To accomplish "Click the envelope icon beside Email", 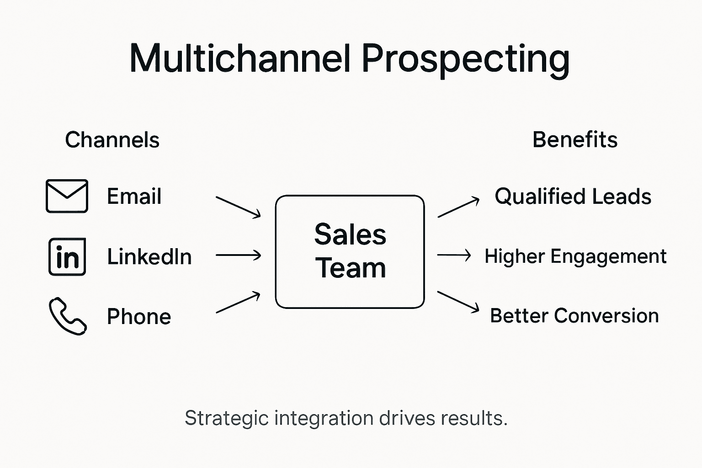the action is [x=67, y=196].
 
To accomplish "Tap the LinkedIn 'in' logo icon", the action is [x=67, y=256].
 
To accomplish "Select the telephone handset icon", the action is [x=68, y=316].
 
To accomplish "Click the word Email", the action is [x=134, y=197].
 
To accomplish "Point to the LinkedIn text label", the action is [x=149, y=256].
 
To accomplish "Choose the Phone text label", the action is [x=139, y=316].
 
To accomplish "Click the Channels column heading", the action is [x=112, y=140].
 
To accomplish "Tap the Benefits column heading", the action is [x=575, y=140].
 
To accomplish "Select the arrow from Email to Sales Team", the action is [x=238, y=207].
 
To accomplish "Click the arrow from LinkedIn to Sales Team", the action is [x=238, y=255].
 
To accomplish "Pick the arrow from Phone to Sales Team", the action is [x=238, y=303].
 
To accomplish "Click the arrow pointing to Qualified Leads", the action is [x=458, y=207].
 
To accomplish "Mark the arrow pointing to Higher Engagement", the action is [x=454, y=255].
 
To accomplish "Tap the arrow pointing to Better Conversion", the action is [x=458, y=302].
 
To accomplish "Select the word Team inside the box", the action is [x=350, y=268].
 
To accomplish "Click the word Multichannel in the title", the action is [x=240, y=58].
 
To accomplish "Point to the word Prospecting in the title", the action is [x=466, y=59].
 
